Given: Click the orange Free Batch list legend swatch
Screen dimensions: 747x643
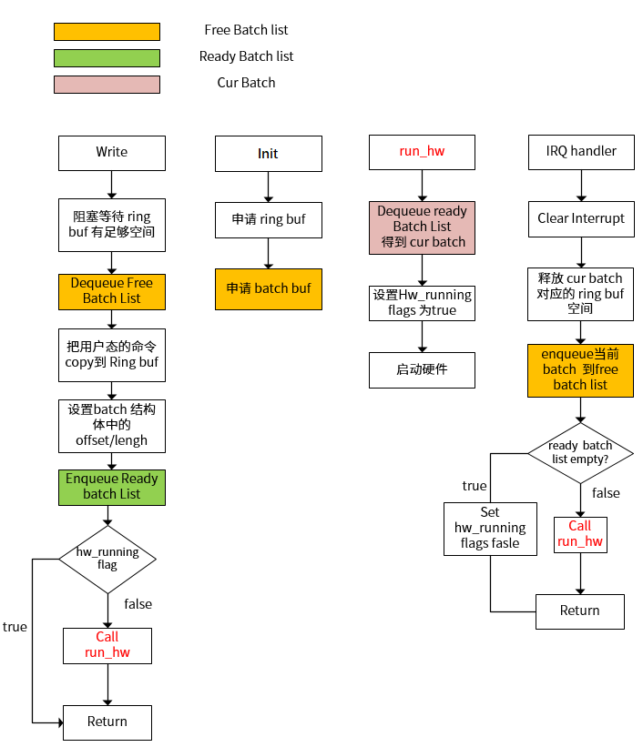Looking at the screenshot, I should coord(107,32).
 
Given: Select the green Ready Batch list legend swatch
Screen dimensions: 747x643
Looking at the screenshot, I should coord(107,58).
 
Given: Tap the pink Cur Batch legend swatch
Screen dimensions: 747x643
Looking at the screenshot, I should coord(107,85).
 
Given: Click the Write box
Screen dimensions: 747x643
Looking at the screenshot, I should coord(112,153).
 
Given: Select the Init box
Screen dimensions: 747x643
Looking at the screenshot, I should coord(268,154).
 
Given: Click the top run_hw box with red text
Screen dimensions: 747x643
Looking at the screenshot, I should coord(422,152).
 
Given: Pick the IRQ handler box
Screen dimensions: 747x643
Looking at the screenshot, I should coord(580,152).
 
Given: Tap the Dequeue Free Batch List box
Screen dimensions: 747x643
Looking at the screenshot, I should coord(112,290).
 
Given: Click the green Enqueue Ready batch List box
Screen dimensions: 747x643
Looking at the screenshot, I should coord(112,487).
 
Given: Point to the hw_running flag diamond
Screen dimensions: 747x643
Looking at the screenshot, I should coord(107,559).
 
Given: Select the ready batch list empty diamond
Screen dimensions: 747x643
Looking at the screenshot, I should coord(580,452).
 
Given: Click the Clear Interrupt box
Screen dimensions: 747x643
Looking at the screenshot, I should coord(580,218).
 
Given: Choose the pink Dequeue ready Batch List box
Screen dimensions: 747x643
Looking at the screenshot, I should coord(422,227).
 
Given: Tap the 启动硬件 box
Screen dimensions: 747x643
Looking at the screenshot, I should coord(422,370).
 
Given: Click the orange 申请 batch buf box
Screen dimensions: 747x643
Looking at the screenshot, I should coord(268,288).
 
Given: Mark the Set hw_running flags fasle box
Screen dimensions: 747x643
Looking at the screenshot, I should coord(490,528).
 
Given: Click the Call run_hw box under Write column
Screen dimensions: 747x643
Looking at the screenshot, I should coord(107,645).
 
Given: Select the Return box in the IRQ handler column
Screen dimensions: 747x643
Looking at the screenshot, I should coord(580,611).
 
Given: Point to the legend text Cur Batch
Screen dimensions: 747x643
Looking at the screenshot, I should coord(246,83).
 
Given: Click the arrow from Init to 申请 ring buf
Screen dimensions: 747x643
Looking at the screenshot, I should coord(268,187).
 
